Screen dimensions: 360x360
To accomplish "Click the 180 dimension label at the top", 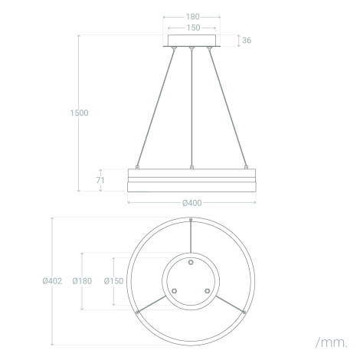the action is coord(192,17).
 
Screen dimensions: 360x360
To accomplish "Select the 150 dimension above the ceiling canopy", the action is coord(193,28).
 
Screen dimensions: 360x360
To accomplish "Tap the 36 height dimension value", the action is coord(247,40).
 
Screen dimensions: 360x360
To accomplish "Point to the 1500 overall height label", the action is coord(80,113).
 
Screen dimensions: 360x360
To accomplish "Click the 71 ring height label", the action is coord(100,180).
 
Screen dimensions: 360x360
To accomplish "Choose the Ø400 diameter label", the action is coord(192,203).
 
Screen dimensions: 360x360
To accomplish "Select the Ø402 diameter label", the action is coord(52,281).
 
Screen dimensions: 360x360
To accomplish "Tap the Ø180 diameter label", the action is coord(82,281).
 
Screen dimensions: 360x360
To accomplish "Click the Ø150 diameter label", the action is coord(113,281).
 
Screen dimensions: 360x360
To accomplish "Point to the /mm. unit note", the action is coord(332,342).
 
